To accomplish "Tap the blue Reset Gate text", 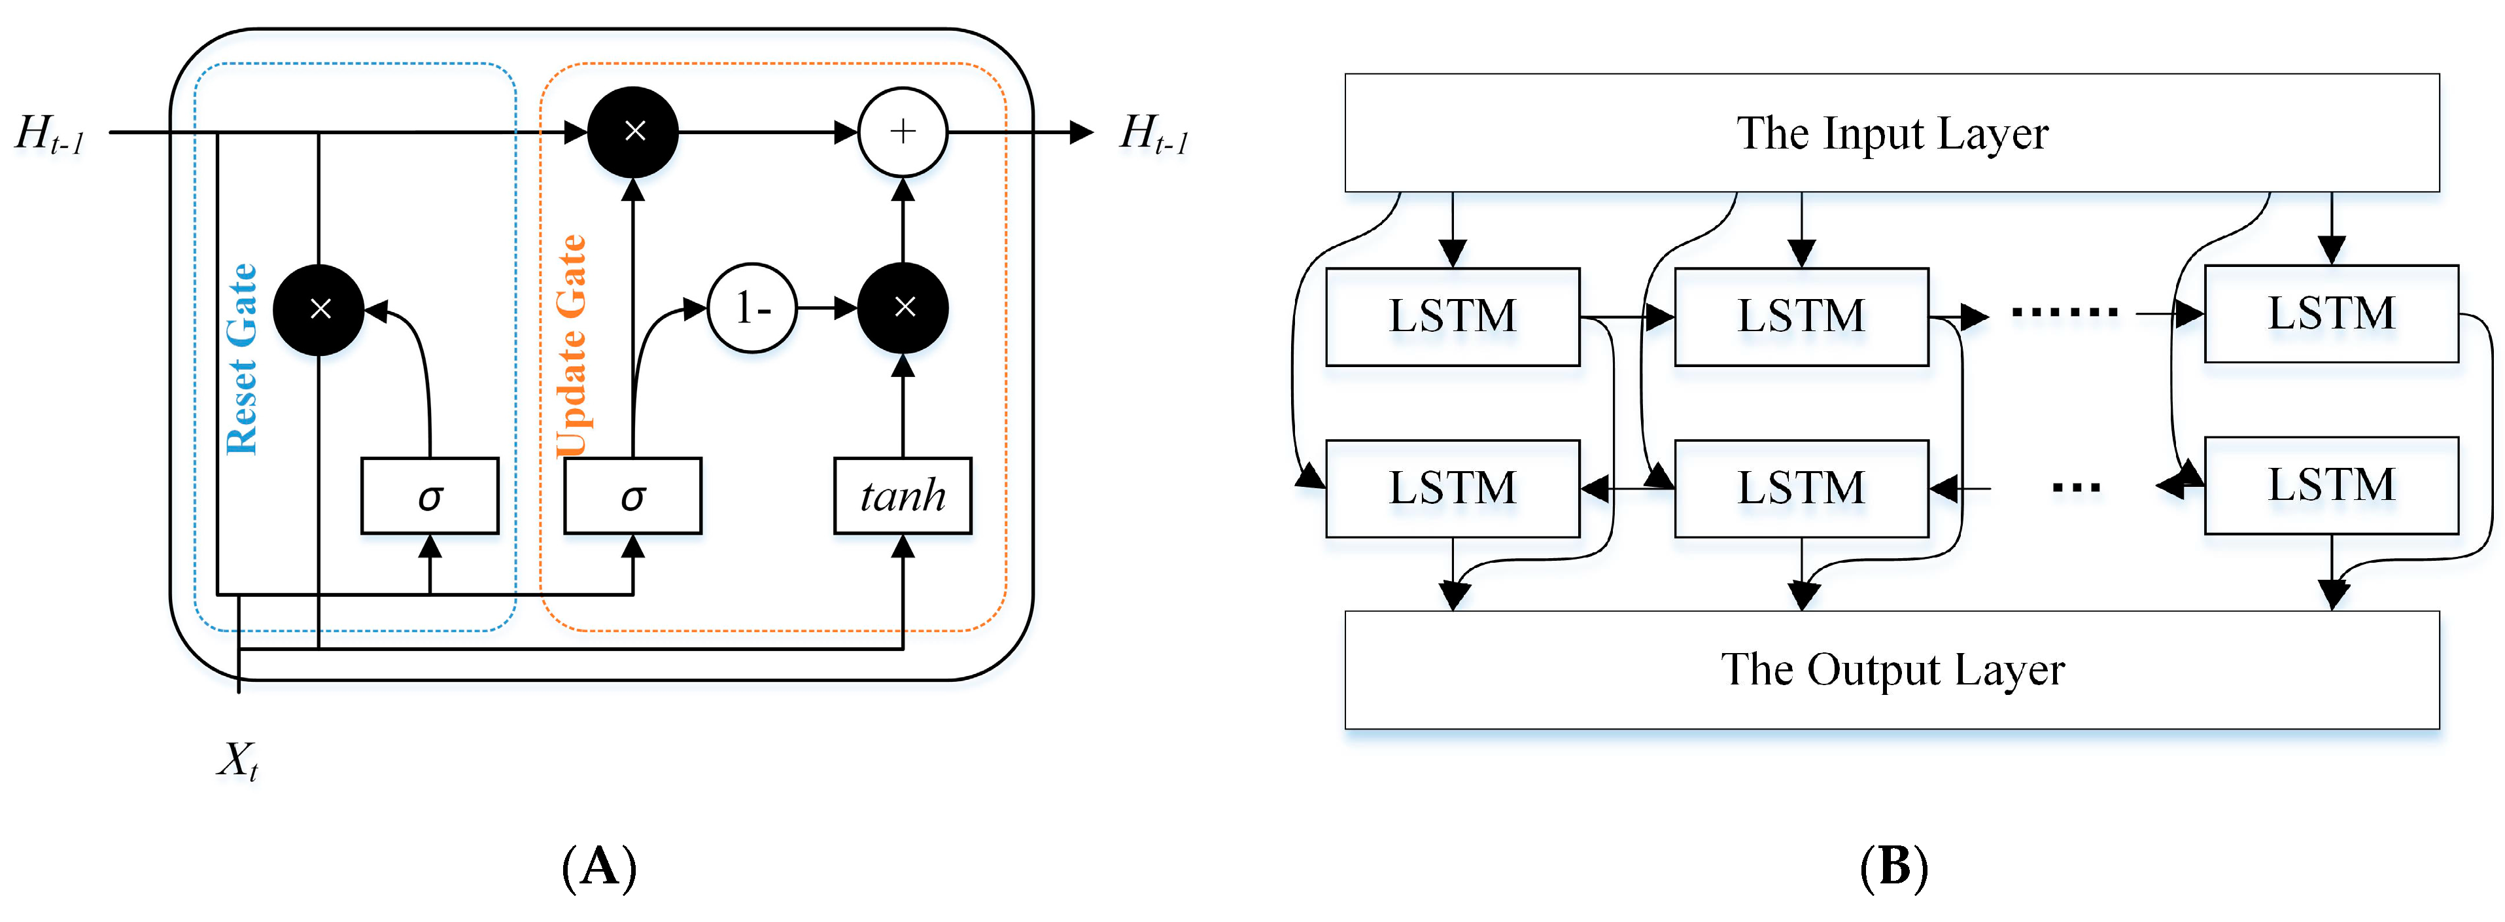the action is coord(241,359).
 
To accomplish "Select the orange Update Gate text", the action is coord(572,346).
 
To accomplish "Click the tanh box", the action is coord(903,496).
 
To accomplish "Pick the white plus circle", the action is coord(903,132).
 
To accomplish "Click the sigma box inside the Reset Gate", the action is coord(430,496).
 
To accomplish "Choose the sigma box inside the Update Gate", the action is coord(633,496).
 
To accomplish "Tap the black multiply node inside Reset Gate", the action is coord(319,310).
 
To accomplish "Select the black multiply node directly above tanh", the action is coord(903,308).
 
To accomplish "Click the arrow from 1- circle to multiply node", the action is coord(827,308).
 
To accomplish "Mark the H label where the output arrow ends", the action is coord(1154,133).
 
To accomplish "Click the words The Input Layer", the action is coord(1892,133).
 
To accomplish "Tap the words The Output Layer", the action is coord(1892,670).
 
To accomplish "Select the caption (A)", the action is coord(599,866).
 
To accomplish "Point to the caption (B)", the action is coord(1892,866).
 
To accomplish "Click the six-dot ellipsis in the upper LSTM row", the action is coord(2064,312).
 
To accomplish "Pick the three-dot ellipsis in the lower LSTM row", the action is coord(2076,488).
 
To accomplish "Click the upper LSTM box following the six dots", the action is coord(2331,313).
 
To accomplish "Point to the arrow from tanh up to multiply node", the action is coord(903,406).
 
